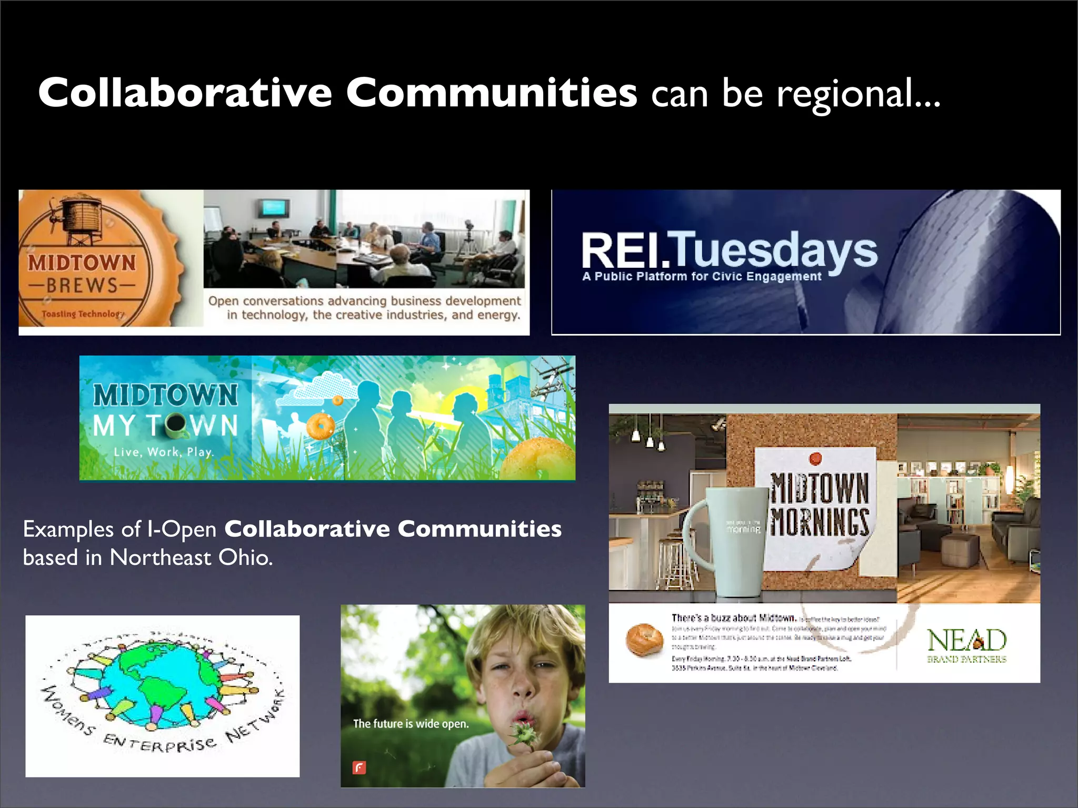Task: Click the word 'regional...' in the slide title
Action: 858,94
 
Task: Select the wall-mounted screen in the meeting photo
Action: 273,208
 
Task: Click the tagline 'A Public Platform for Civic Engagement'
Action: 702,277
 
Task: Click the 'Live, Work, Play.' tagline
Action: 163,452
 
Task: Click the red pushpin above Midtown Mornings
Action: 815,458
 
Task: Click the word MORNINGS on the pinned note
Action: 820,522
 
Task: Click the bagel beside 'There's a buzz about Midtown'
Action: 644,640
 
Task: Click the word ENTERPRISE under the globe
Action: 159,743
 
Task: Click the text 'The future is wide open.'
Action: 411,724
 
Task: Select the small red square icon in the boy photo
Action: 359,767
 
